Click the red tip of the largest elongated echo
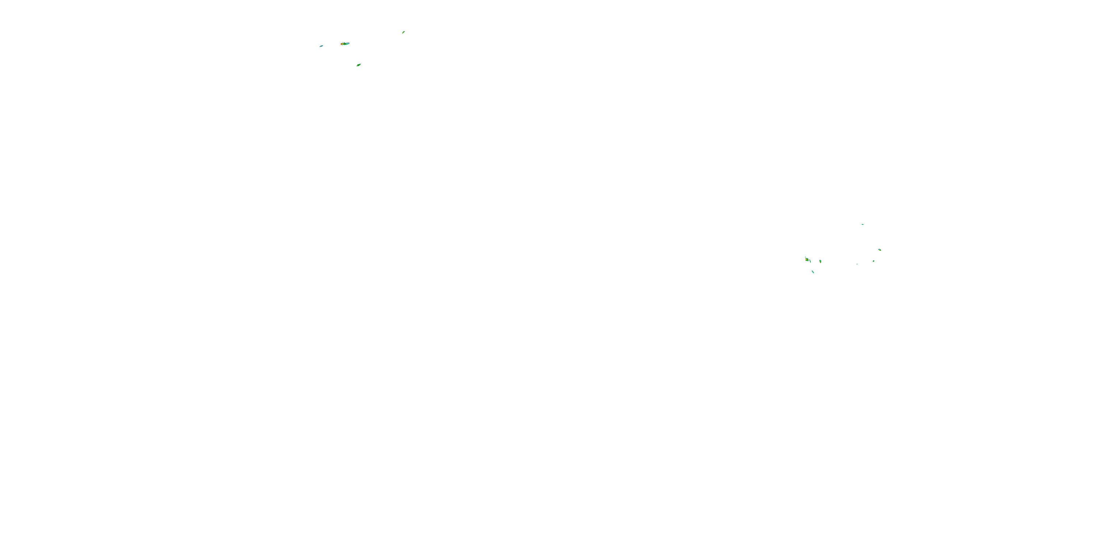click(341, 44)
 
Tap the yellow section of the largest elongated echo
click(343, 44)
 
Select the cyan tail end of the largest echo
click(349, 43)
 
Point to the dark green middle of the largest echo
click(345, 44)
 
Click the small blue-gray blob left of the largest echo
click(321, 46)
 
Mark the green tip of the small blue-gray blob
click(320, 47)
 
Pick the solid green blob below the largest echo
click(359, 65)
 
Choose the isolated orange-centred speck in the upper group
click(403, 33)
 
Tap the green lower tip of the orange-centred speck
click(403, 34)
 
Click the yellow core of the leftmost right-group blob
click(807, 259)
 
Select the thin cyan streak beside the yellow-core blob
click(810, 261)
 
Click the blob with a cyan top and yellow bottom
click(820, 261)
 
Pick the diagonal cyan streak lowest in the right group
click(813, 272)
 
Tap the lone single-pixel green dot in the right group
click(857, 265)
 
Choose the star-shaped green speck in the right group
click(874, 261)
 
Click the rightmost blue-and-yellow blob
click(880, 250)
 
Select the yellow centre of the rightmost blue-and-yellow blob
click(879, 250)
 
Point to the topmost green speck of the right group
click(863, 225)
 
